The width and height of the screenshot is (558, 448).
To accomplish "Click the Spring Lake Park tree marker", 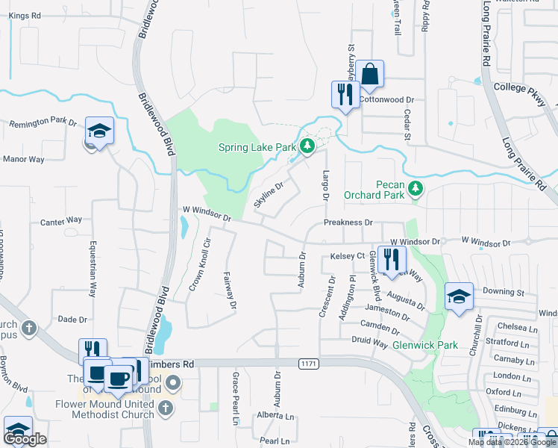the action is tap(307, 146).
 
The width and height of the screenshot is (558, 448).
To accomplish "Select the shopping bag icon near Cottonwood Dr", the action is tap(369, 75).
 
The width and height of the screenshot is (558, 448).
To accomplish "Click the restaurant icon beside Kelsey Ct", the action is tap(392, 260).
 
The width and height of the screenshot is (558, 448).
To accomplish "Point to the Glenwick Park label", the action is tap(424, 345).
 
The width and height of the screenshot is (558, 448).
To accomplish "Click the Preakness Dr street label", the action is tap(348, 223).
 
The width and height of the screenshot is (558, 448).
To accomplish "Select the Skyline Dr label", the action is tap(269, 196).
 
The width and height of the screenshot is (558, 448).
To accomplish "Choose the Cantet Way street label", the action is tap(61, 220).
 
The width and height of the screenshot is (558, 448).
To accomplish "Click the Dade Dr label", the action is tap(73, 319).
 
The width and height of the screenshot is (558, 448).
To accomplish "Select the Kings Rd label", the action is tap(25, 15).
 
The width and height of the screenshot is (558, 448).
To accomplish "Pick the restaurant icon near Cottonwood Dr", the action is tap(345, 95).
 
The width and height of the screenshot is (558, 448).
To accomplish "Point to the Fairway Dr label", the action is tap(230, 290).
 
